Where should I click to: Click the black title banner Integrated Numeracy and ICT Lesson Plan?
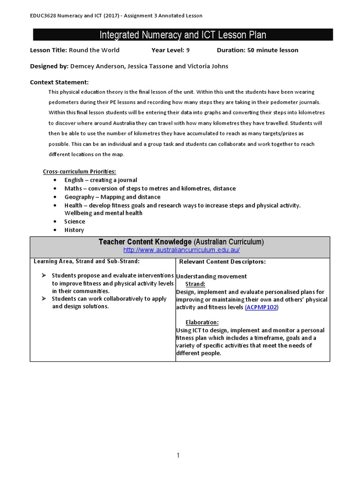coord(183,35)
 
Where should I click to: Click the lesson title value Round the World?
coord(94,50)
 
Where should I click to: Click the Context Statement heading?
coord(59,82)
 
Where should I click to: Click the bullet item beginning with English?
coord(101,180)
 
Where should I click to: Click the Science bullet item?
coord(75,221)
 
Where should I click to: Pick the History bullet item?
coord(74,230)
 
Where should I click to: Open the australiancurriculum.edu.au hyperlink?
coord(181,250)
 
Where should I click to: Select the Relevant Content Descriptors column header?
coord(222,262)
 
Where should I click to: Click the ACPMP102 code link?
coord(261,307)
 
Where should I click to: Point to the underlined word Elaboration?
coord(202,322)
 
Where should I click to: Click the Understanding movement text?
coord(211,276)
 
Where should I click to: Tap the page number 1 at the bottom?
coord(178,455)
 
